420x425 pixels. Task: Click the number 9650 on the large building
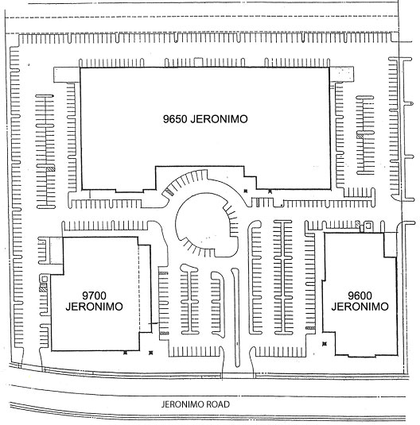[x=175, y=119]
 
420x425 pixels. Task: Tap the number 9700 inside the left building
[x=94, y=296]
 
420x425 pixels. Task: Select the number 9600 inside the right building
[x=360, y=296]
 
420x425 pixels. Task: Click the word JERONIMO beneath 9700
[x=94, y=307]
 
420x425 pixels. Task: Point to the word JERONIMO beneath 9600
[x=360, y=307]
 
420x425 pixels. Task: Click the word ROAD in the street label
[x=218, y=404]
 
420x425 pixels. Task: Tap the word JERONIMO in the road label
[x=183, y=404]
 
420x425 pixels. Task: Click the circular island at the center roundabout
[x=206, y=225]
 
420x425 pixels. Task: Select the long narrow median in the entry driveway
[x=236, y=317]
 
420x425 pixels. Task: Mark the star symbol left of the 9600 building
[x=325, y=344]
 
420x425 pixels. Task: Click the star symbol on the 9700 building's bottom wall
[x=125, y=353]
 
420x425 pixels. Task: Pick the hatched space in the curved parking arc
[x=169, y=191]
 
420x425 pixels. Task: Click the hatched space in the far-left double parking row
[x=50, y=168]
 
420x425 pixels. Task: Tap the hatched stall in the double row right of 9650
[x=360, y=136]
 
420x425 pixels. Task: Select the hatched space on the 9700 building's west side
[x=43, y=289]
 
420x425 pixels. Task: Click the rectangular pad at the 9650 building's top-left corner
[x=67, y=75]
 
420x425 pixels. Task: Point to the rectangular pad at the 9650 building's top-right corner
[x=341, y=74]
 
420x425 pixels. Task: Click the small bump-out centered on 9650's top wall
[x=198, y=62]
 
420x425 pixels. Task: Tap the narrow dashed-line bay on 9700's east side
[x=145, y=288]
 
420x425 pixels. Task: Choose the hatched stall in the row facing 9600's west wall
[x=310, y=328]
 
